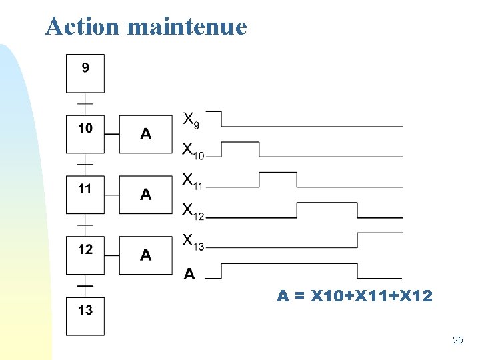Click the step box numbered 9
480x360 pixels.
point(85,73)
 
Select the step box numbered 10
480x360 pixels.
point(85,134)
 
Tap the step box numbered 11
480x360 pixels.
point(85,195)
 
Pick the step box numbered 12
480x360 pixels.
point(85,255)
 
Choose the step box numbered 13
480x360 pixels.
point(85,315)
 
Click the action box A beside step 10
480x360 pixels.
point(146,134)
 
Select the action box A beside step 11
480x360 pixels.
point(146,195)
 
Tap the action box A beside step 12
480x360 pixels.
point(146,255)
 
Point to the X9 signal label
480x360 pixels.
point(191,120)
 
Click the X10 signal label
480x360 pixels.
point(193,151)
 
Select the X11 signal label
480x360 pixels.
point(193,181)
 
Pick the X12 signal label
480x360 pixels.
point(193,211)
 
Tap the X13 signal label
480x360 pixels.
point(193,241)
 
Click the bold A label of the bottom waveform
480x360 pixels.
point(189,273)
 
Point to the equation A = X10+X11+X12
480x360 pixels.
point(355,295)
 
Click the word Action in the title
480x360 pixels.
point(83,27)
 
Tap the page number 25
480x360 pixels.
point(457,341)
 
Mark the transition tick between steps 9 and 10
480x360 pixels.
point(85,104)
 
